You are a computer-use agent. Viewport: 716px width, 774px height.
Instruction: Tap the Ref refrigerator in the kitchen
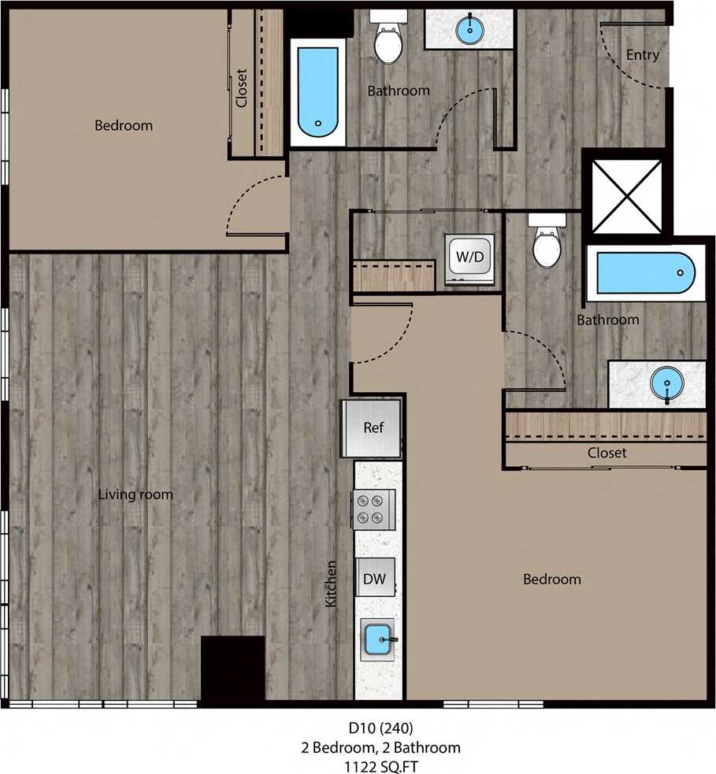[x=373, y=428]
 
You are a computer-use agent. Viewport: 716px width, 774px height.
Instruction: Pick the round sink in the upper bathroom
[x=470, y=31]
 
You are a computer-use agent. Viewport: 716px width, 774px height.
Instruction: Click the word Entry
[x=642, y=55]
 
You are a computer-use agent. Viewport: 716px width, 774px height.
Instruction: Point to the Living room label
[x=135, y=494]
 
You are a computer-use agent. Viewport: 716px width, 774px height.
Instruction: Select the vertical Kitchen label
[x=332, y=583]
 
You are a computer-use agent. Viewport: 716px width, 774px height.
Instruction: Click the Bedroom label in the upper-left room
[x=124, y=125]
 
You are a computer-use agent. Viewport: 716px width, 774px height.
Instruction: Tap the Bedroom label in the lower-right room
[x=552, y=580]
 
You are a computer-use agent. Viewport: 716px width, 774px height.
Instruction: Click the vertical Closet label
[x=242, y=89]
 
